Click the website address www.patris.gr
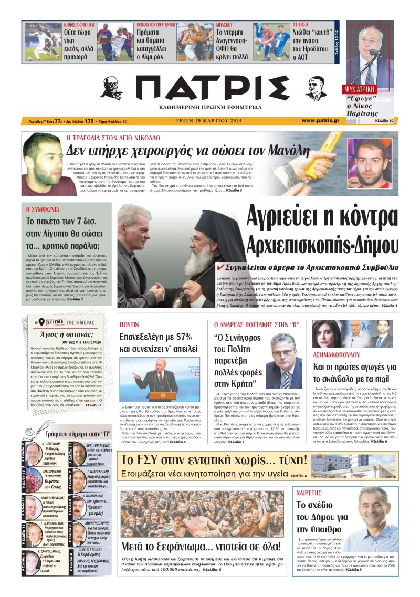(320, 121)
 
